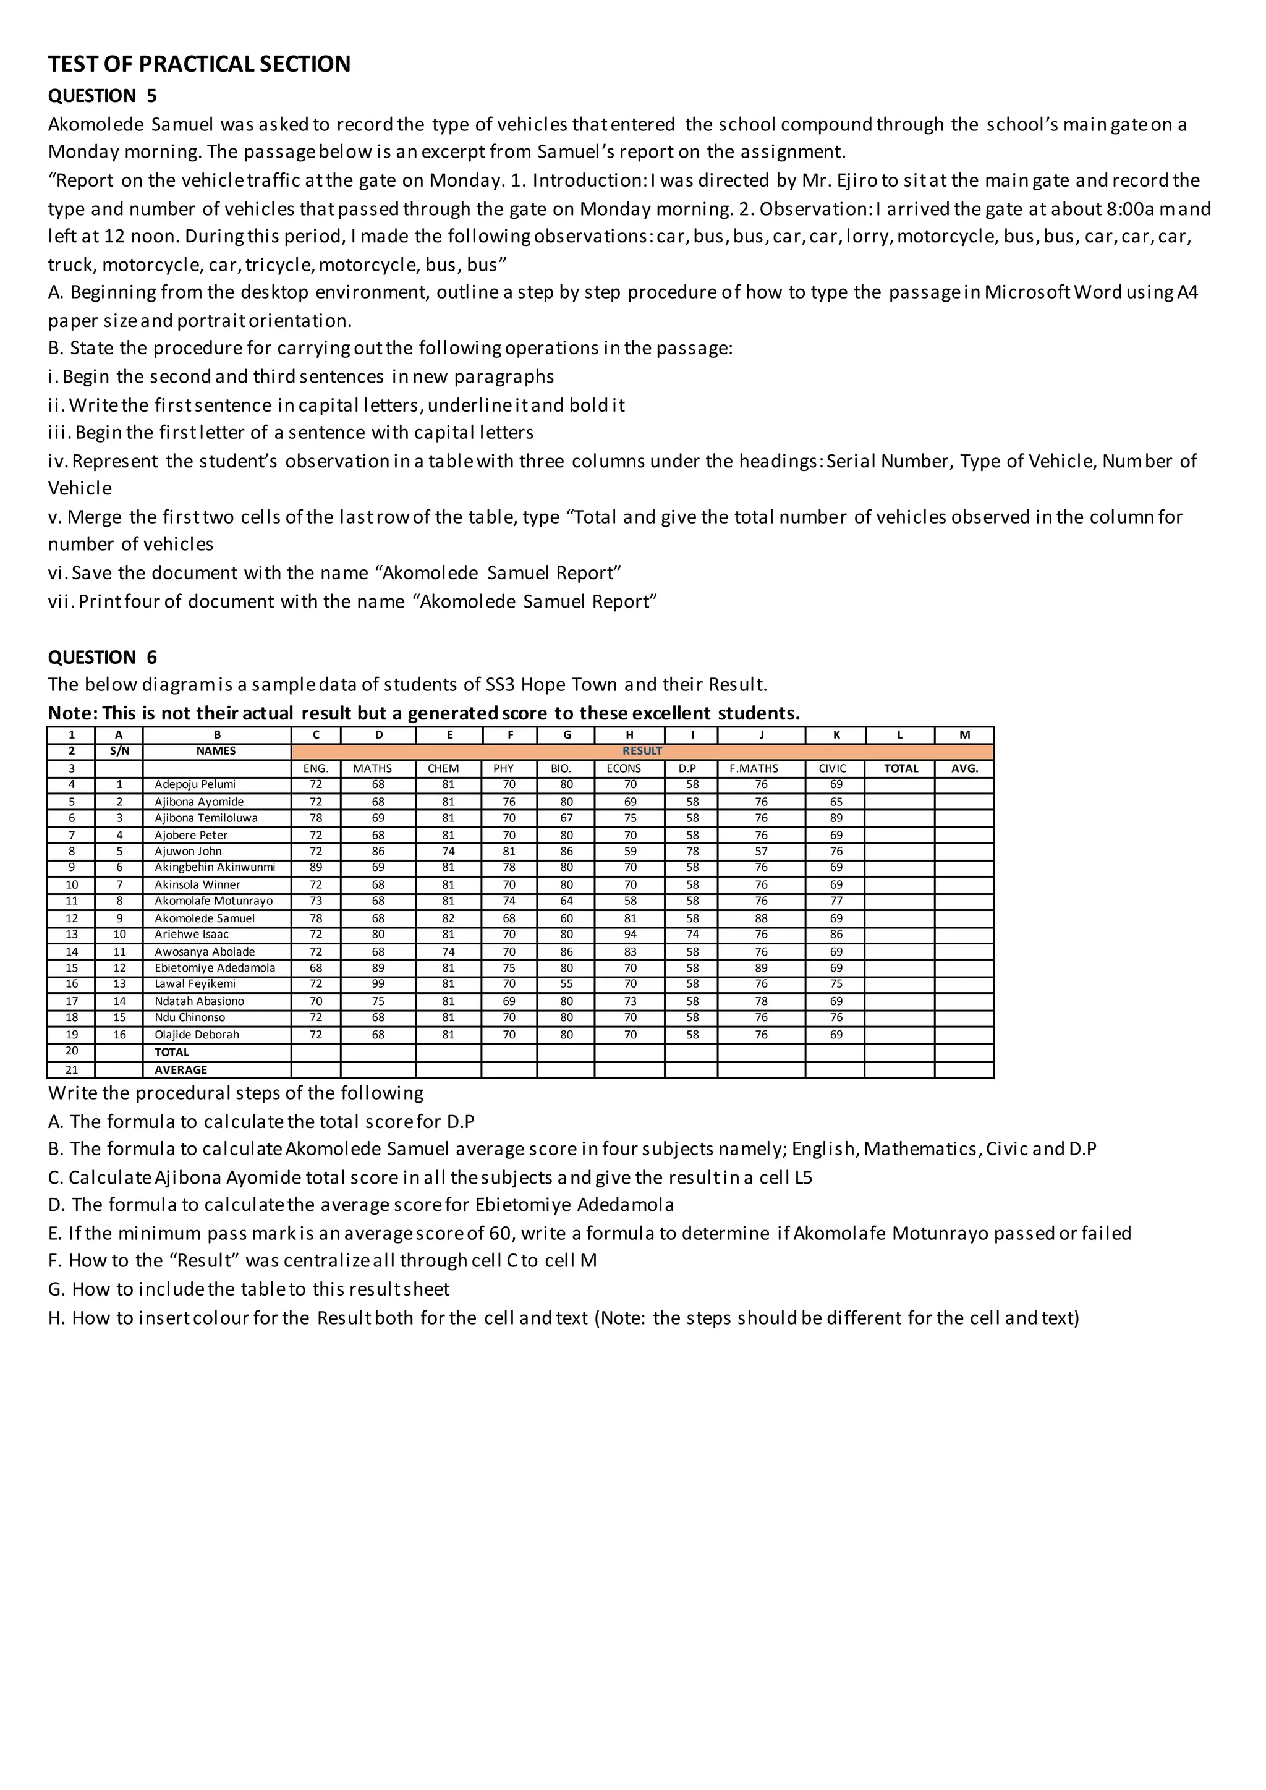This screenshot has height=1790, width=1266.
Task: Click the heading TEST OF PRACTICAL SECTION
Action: point(199,64)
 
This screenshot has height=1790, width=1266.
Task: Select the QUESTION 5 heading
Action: point(102,96)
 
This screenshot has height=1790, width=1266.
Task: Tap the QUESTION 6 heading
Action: point(102,657)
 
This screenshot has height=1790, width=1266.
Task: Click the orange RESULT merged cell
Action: point(642,751)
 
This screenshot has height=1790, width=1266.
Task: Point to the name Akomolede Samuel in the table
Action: point(204,918)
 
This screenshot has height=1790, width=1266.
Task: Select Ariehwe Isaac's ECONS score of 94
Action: point(629,934)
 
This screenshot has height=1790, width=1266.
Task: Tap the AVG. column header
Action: point(964,768)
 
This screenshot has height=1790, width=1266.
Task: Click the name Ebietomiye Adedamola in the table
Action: point(215,967)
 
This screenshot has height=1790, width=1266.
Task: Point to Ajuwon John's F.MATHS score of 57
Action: point(760,851)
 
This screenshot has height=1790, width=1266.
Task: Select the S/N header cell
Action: point(119,751)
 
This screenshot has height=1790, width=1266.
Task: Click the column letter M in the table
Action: point(964,734)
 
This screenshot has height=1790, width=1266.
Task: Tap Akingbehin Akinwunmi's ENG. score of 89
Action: point(316,868)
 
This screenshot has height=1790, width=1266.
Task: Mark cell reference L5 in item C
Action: point(802,1177)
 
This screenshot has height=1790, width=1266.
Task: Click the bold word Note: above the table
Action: point(72,713)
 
